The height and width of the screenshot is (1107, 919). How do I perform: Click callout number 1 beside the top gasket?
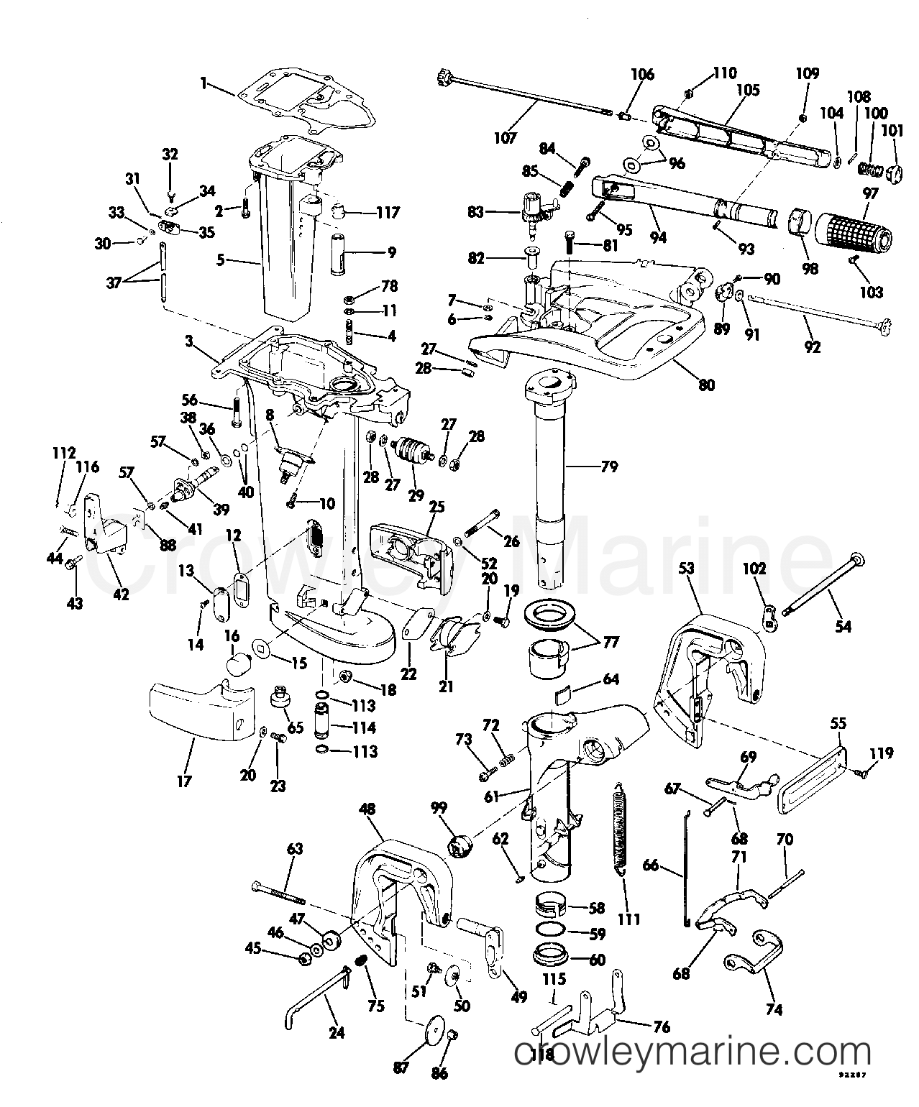pos(204,84)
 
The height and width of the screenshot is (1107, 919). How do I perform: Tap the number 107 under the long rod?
pos(505,137)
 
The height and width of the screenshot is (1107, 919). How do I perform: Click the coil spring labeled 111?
pos(618,826)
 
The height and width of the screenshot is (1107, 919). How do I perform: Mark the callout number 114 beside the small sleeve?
pos(364,727)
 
